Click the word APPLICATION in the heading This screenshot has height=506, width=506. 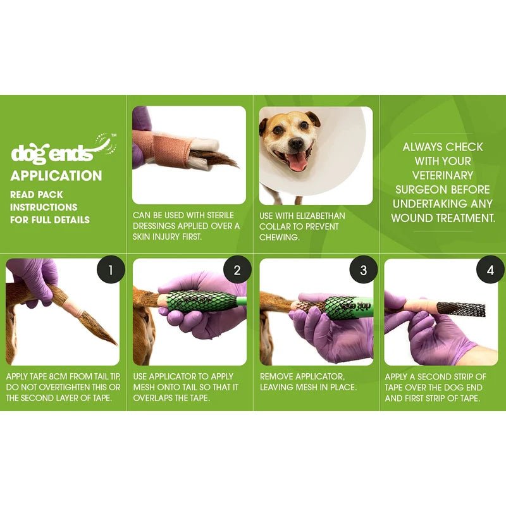click(x=56, y=176)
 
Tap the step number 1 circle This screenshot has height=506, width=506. click(x=111, y=271)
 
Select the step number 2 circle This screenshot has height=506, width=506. click(x=237, y=271)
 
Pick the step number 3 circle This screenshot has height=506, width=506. click(x=364, y=271)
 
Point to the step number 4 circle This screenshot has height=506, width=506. click(x=490, y=271)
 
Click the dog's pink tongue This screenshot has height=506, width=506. click(x=298, y=162)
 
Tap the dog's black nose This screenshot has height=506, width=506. click(x=293, y=142)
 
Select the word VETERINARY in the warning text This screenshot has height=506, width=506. click(x=443, y=175)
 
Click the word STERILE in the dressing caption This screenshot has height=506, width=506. click(x=218, y=216)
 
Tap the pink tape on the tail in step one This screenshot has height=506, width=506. click(x=71, y=310)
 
